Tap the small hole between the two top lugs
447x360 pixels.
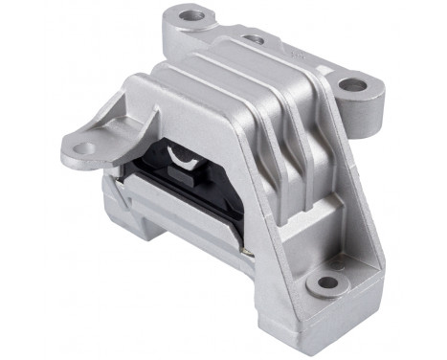[254, 40]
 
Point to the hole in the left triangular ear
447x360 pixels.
[81, 148]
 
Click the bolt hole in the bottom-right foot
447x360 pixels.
[328, 282]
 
